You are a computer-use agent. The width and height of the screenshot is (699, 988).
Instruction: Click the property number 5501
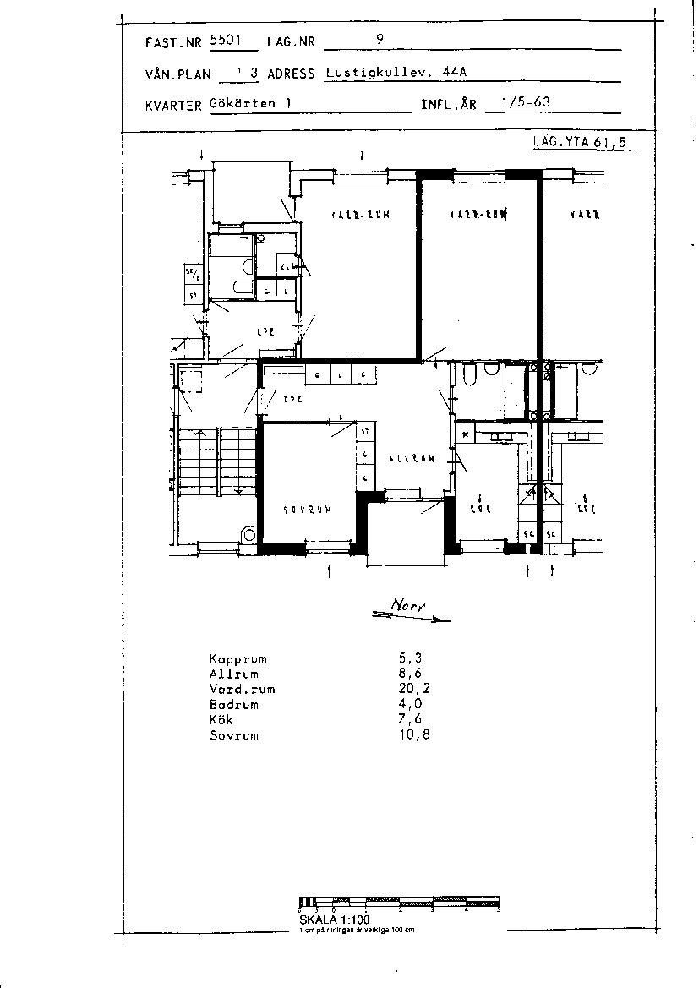226,40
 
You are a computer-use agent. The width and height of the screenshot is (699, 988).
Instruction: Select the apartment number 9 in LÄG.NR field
380,39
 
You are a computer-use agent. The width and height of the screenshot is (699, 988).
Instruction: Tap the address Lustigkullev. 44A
395,73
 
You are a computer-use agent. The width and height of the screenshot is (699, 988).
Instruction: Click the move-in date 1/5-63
526,103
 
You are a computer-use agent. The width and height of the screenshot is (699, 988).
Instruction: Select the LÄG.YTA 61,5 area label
580,142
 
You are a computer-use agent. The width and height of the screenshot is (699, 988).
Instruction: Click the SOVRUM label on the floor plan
305,510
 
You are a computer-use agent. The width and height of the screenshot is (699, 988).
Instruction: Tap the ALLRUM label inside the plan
412,459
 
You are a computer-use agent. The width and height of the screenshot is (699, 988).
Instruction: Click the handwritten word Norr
410,606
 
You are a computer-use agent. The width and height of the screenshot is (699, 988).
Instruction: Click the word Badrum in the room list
233,704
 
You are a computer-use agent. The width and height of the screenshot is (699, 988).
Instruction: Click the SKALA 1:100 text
334,920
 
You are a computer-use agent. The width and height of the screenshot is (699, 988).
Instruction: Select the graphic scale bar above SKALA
400,902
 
